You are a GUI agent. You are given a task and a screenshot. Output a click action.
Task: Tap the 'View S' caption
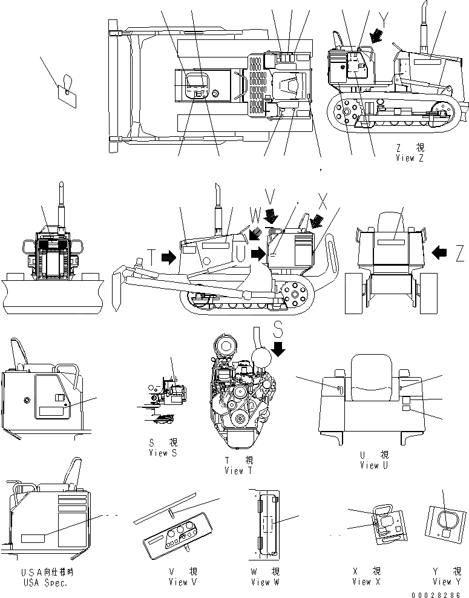pos(158,453)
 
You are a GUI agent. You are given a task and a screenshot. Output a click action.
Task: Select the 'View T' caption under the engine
pos(234,470)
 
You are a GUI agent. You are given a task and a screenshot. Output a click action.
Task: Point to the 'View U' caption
pos(378,465)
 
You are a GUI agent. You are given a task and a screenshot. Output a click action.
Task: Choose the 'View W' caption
pos(265,582)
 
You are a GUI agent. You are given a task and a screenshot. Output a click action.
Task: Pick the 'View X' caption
pos(366,582)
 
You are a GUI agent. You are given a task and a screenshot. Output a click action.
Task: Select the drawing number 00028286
pos(439,594)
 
